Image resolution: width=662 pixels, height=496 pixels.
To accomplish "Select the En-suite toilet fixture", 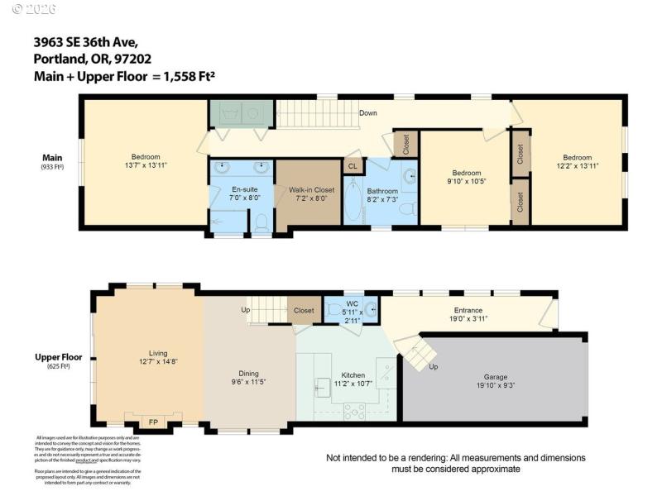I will coord(261,222).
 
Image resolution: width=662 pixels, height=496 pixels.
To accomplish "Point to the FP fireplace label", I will coord(153,422).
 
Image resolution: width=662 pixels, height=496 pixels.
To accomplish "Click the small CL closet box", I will coord(353,165).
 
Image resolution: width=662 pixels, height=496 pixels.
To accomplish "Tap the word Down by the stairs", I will coord(369,112).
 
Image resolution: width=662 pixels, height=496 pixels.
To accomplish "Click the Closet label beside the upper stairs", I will coord(304,310).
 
